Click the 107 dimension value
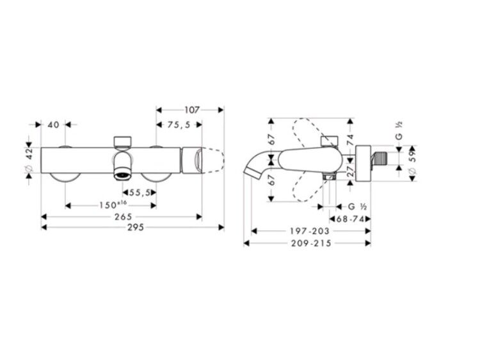pyautogui.click(x=191, y=109)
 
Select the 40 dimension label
pyautogui.click(x=54, y=125)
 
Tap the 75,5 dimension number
pyautogui.click(x=179, y=125)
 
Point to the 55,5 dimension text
pyautogui.click(x=140, y=192)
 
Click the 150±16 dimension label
pyautogui.click(x=113, y=205)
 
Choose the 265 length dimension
pyautogui.click(x=123, y=217)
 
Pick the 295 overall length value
pyautogui.click(x=136, y=227)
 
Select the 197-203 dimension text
pyautogui.click(x=310, y=231)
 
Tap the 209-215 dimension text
pyautogui.click(x=311, y=244)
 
